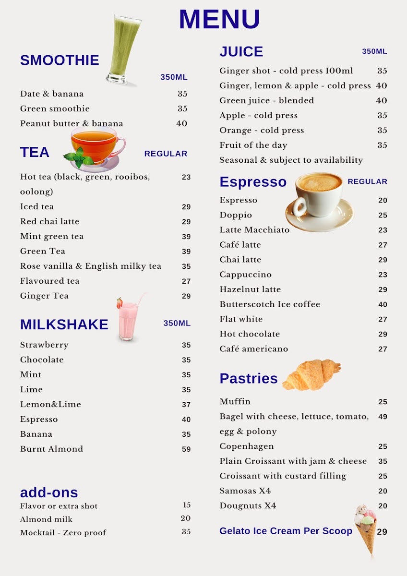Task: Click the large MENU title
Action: (219, 20)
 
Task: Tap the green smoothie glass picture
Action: (124, 49)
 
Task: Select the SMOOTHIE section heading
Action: (60, 60)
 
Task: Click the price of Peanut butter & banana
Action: (181, 123)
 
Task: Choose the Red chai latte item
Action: (49, 221)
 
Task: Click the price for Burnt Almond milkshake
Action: (186, 449)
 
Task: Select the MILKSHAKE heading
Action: (64, 324)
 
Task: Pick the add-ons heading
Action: (49, 492)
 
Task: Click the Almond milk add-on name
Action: (46, 519)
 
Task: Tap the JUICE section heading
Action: (241, 52)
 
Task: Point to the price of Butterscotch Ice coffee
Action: (382, 304)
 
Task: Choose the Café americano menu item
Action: (253, 349)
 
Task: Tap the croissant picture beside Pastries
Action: (311, 374)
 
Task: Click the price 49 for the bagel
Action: (382, 417)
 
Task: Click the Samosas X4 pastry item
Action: (245, 491)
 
